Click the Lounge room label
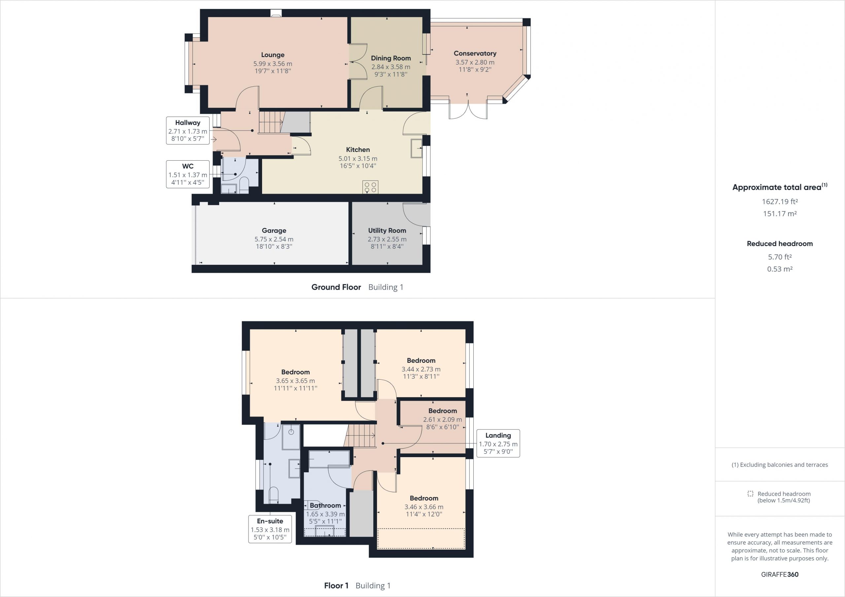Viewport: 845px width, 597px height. [273, 55]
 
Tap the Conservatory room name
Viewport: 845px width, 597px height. [475, 53]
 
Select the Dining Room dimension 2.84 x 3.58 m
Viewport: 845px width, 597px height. [390, 67]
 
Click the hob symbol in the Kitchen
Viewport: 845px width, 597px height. [370, 187]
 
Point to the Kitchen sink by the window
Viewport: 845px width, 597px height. [417, 148]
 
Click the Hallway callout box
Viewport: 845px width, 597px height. [188, 131]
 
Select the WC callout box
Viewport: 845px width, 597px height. [188, 174]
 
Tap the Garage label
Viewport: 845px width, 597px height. [274, 231]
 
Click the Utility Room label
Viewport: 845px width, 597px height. [387, 231]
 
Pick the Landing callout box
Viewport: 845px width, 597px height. [498, 443]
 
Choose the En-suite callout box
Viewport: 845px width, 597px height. [270, 529]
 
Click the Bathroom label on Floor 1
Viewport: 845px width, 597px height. [325, 505]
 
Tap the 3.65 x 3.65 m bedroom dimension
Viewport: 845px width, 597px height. [295, 381]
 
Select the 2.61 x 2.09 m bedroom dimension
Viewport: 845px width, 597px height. [442, 420]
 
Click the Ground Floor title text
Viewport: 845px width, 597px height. [336, 287]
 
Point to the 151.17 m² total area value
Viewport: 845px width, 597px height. [780, 214]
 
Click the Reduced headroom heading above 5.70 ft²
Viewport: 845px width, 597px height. [780, 243]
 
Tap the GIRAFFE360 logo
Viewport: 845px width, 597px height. [780, 575]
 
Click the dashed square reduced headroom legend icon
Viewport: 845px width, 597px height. [750, 494]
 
